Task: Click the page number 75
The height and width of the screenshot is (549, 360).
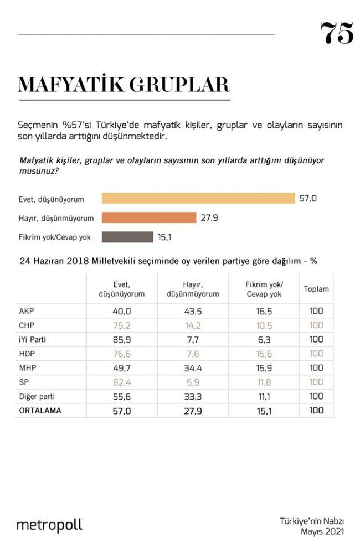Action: coord(336,33)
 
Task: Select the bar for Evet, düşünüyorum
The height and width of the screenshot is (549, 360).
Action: coord(198,198)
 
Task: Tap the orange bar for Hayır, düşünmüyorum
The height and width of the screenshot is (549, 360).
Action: coord(149,217)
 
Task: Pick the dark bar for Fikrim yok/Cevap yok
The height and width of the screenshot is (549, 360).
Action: coord(127,237)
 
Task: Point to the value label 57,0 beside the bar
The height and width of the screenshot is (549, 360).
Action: coord(308,198)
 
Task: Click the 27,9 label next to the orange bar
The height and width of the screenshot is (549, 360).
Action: coord(209,217)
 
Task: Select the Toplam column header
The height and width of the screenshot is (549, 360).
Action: coord(316,289)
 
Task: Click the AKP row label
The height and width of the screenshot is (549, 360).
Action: coord(27,310)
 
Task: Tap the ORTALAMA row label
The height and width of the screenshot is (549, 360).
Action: coord(39,410)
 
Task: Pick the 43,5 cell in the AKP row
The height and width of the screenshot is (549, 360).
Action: coord(193,311)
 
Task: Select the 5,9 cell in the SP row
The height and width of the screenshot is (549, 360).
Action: coord(193,382)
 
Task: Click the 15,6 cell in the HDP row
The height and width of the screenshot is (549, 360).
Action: coord(263,354)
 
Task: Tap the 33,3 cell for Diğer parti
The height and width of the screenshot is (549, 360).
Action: coord(193,396)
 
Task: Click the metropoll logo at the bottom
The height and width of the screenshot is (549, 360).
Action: coord(49,525)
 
